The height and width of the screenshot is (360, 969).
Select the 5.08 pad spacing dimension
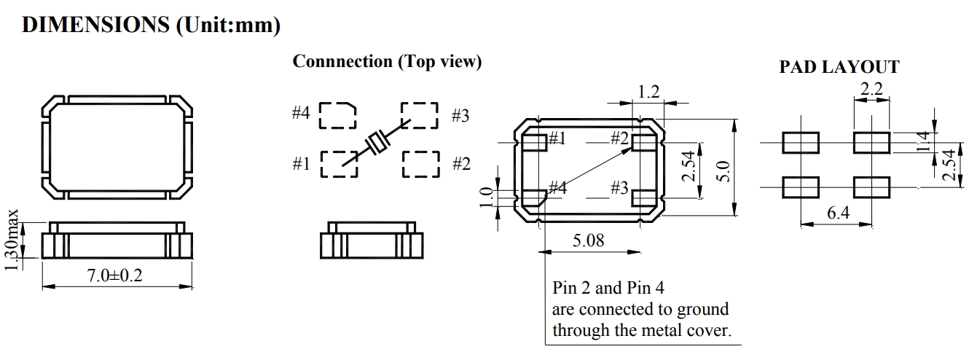click(x=589, y=240)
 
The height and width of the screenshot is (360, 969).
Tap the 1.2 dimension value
click(x=648, y=92)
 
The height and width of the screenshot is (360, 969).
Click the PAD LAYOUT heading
click(x=839, y=68)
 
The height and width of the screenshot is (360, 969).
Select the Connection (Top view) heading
click(x=387, y=62)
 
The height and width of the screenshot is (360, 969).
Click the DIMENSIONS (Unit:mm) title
click(x=152, y=25)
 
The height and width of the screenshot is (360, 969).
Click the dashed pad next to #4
click(x=338, y=115)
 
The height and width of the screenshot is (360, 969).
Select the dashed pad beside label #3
click(x=420, y=115)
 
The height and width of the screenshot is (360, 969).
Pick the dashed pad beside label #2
click(x=421, y=164)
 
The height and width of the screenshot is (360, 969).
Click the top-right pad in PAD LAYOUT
click(x=871, y=142)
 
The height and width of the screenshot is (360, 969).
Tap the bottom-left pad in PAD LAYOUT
click(x=801, y=187)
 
